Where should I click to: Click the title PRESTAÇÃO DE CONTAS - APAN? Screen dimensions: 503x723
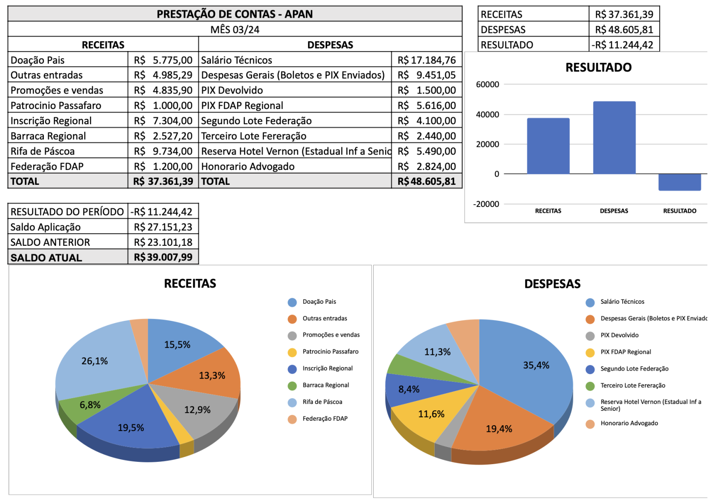[235, 14]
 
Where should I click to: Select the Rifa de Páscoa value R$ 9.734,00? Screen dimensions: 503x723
[163, 151]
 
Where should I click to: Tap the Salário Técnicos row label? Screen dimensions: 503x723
[237, 60]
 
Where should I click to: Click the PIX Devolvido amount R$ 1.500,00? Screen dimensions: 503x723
[427, 90]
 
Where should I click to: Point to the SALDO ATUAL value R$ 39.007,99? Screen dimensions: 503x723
[163, 257]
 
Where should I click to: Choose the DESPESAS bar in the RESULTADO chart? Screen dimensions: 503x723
[614, 137]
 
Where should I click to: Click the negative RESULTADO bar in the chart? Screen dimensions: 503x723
[679, 182]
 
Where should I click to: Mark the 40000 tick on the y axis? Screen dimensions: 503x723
[487, 114]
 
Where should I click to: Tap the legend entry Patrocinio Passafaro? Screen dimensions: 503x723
[330, 352]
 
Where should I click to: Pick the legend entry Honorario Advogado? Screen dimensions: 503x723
[629, 423]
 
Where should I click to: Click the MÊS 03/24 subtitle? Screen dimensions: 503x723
[235, 29]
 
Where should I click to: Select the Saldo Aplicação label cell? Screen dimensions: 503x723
[46, 227]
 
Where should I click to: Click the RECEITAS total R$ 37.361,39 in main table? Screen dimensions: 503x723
[163, 181]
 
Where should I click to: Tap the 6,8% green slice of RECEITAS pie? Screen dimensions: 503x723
[90, 404]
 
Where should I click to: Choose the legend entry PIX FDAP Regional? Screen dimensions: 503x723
[625, 352]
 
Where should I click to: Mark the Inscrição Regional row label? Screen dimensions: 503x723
[51, 121]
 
